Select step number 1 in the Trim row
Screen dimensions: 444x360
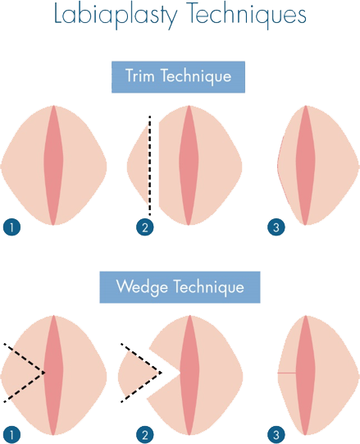coord(11,227)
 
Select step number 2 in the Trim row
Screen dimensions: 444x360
coord(145,227)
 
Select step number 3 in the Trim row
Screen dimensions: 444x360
coord(276,227)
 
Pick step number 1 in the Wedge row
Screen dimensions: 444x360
coord(11,433)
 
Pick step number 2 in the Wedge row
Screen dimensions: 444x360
coord(145,433)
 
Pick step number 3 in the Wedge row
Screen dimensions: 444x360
coord(276,433)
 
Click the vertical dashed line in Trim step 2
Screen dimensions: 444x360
coord(150,164)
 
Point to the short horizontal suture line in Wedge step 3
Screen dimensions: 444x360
coord(285,373)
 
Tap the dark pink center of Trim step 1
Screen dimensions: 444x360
coord(54,164)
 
